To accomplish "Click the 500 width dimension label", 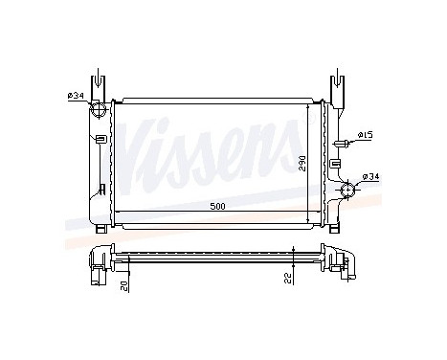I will click(218, 205).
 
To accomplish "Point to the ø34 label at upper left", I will click(76, 93).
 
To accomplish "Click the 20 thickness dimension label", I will click(123, 285).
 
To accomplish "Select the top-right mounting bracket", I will click(341, 85).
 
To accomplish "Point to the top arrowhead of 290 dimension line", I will click(307, 107).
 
